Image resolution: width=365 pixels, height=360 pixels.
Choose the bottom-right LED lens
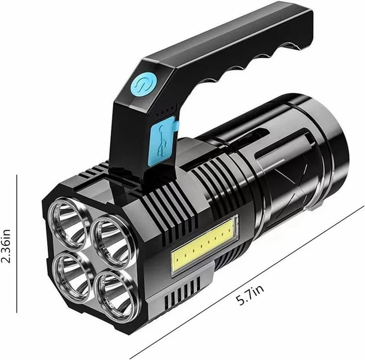(115, 293)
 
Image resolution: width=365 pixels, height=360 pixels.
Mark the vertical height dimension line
(17, 243)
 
